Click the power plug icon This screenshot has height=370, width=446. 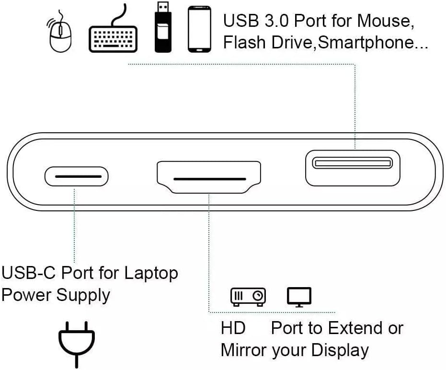(x=77, y=342)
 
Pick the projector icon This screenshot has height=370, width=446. (x=248, y=297)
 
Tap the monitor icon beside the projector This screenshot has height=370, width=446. (x=299, y=297)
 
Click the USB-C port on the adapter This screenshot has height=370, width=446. (x=77, y=176)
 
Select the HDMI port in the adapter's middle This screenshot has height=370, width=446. (x=208, y=177)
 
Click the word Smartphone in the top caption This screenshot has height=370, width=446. (x=366, y=43)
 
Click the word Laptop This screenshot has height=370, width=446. (x=151, y=273)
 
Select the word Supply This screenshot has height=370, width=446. (x=83, y=295)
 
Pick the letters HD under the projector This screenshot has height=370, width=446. (x=233, y=328)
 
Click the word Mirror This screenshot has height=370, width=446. (x=243, y=350)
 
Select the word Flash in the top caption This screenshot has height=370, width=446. (x=243, y=43)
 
